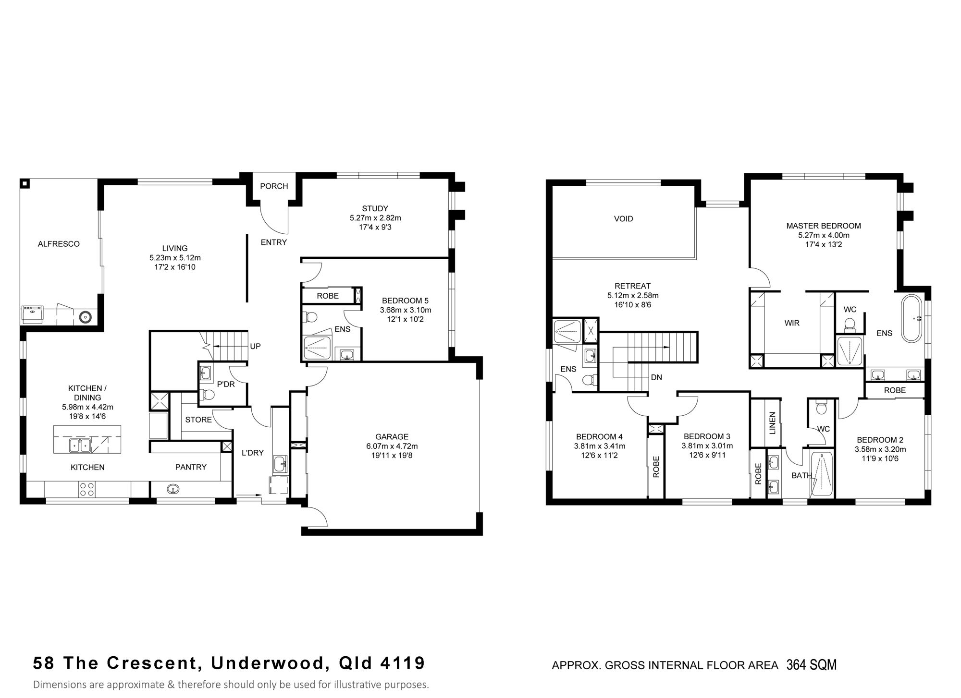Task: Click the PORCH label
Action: tap(274, 186)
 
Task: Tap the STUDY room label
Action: tap(375, 208)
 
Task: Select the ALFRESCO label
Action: tap(59, 244)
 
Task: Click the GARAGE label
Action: tap(392, 437)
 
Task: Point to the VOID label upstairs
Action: tap(624, 219)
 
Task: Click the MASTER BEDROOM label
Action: tap(824, 226)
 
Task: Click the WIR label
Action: tap(792, 323)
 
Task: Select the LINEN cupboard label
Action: tap(773, 423)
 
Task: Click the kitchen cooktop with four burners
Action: tap(87, 489)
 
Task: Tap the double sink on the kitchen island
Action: tap(80, 445)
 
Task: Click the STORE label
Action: tap(198, 420)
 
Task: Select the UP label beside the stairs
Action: tap(255, 346)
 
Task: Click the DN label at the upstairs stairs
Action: tap(656, 377)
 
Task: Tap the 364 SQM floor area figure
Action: tap(812, 665)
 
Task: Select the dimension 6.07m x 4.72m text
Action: tap(392, 446)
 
